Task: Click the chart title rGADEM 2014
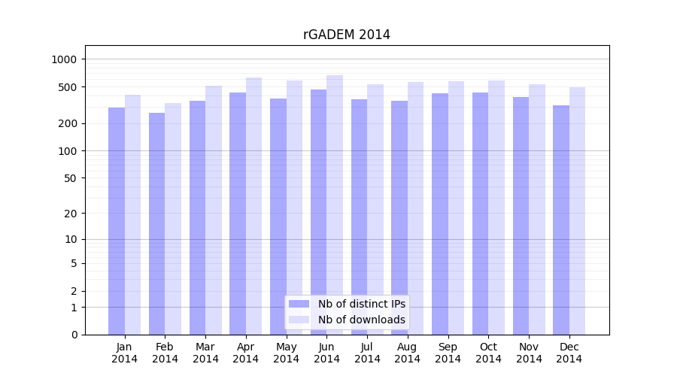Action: coord(346,35)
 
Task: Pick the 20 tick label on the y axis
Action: coord(71,214)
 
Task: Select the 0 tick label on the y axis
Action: coord(74,335)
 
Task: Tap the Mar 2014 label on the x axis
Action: coord(205,353)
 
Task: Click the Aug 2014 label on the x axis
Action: coord(408,353)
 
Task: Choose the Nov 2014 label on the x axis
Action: coord(529,353)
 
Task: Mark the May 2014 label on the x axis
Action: coord(287,353)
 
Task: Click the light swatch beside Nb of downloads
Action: coord(299,320)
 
